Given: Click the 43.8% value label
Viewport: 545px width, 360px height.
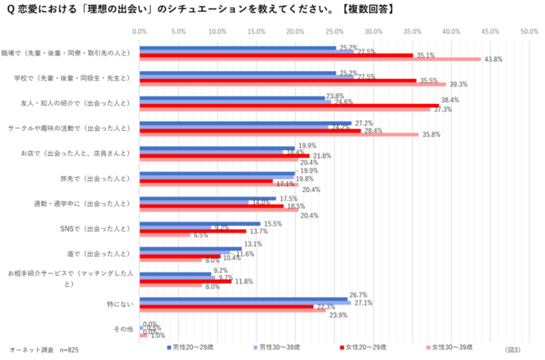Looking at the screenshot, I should (x=492, y=60).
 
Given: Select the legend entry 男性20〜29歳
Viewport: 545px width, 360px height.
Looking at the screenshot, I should (x=191, y=347).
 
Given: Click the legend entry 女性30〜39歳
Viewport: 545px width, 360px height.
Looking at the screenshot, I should (x=452, y=347).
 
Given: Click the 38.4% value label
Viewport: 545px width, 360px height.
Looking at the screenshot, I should (x=450, y=100).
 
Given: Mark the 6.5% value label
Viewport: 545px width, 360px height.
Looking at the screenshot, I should (x=201, y=235).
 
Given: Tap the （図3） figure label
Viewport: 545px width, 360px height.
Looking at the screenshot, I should (x=513, y=347).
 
